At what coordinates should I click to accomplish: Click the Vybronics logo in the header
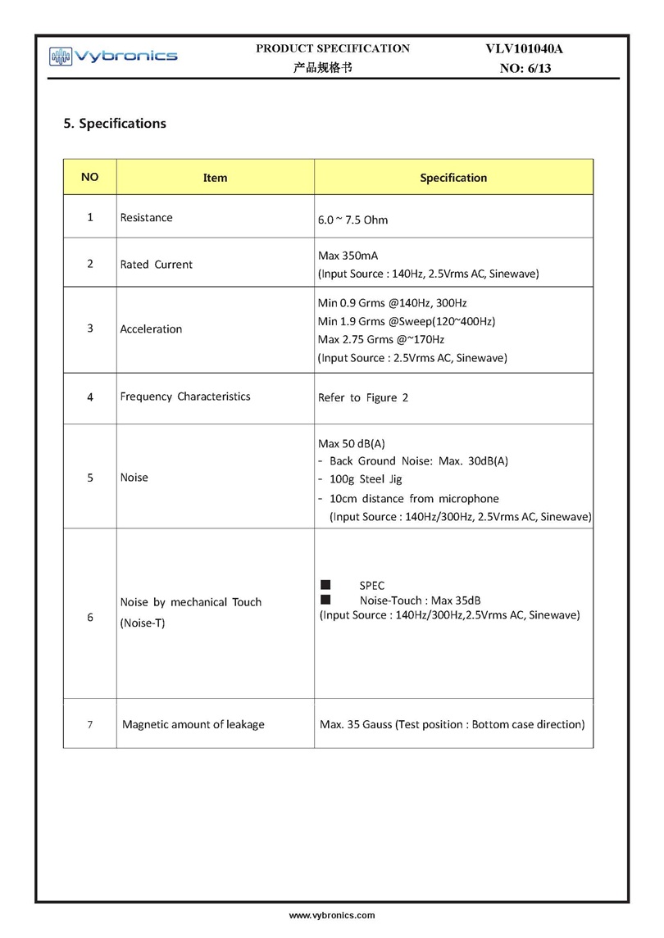[x=113, y=56]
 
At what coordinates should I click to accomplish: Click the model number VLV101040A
[x=525, y=49]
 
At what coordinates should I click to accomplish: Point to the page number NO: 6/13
[x=525, y=69]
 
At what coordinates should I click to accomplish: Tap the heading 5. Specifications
[x=115, y=124]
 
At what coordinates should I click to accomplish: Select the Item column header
[x=215, y=178]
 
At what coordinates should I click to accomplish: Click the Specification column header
[x=453, y=178]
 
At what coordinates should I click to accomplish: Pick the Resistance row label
[x=147, y=218]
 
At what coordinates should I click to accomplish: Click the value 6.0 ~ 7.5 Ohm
[x=352, y=220]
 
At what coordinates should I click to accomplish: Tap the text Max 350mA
[x=348, y=256]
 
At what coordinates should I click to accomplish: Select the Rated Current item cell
[x=157, y=265]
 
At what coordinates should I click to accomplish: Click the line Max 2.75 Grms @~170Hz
[x=380, y=339]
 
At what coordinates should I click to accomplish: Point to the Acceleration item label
[x=151, y=329]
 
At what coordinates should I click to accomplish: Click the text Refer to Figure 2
[x=362, y=398]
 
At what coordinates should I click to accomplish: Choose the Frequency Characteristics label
[x=185, y=396]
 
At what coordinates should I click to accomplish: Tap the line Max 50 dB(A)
[x=351, y=443]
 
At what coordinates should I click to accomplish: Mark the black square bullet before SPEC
[x=325, y=585]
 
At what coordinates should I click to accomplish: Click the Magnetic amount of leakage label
[x=193, y=724]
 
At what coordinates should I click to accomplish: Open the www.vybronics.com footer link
[x=332, y=915]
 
